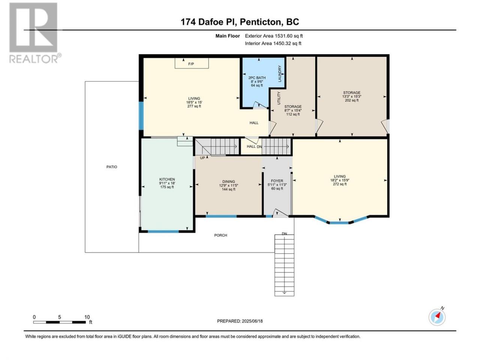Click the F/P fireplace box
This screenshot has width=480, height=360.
(x=191, y=63)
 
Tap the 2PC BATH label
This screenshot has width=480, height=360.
(x=257, y=78)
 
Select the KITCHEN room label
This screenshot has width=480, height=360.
(x=167, y=179)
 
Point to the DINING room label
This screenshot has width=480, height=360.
(x=228, y=181)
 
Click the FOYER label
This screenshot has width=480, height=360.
(x=277, y=181)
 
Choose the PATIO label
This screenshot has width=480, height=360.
(x=112, y=167)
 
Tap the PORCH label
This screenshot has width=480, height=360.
(x=220, y=235)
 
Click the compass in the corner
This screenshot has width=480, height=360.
(x=437, y=317)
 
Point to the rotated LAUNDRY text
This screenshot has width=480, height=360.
(x=279, y=73)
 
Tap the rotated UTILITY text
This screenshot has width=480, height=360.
(x=279, y=98)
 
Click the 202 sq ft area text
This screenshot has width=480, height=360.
(x=352, y=100)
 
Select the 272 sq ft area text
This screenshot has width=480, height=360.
(x=340, y=184)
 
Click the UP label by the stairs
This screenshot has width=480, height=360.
(x=202, y=157)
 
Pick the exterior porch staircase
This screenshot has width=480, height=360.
(x=284, y=265)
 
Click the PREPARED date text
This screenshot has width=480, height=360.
(x=240, y=321)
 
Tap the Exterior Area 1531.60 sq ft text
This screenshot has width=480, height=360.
(x=274, y=36)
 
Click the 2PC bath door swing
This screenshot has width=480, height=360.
(x=260, y=105)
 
